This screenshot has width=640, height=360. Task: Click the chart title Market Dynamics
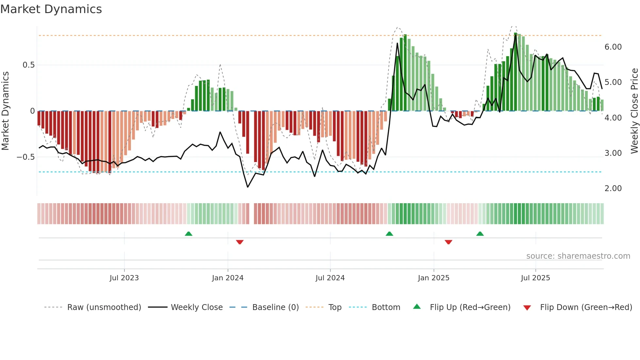(51, 9)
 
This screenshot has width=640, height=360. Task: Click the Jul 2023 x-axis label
(124, 278)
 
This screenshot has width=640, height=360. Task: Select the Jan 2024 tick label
(228, 278)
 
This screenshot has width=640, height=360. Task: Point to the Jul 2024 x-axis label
(330, 278)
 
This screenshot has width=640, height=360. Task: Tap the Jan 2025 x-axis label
(433, 278)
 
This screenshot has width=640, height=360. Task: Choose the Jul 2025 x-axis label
(535, 278)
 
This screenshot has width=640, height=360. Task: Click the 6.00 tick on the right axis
(613, 47)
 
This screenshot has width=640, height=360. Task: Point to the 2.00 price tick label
(613, 188)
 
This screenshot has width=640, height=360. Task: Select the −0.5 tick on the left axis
(25, 157)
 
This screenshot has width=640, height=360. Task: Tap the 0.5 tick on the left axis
(28, 65)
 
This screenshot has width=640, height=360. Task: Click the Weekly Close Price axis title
(634, 111)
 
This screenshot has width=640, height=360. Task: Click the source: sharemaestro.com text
(578, 256)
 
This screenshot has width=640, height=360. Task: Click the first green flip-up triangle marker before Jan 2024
(188, 234)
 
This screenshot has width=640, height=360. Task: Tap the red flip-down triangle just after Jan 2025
(448, 242)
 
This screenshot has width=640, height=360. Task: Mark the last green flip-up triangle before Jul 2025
(480, 234)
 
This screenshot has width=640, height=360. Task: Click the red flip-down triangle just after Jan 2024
(240, 242)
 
